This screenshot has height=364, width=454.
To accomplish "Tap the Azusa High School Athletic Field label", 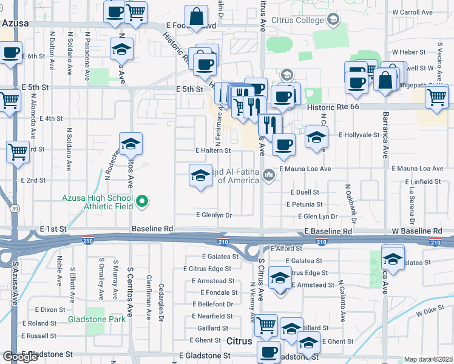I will click(x=97, y=202).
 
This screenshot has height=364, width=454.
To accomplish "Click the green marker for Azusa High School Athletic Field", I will click(x=143, y=200).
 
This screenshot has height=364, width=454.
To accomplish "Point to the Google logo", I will click(x=20, y=357).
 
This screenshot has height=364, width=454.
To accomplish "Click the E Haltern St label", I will click(x=213, y=150).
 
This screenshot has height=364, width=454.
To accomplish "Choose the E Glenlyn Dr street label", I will click(x=214, y=215).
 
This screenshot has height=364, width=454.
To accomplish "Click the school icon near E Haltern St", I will click(x=130, y=144).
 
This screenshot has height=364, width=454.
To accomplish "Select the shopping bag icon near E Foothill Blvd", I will click(x=197, y=18).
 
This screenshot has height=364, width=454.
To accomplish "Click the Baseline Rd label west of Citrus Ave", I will click(x=153, y=229).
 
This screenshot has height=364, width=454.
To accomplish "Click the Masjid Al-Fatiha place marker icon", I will click(x=269, y=176).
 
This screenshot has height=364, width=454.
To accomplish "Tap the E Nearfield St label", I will click(x=212, y=316).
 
